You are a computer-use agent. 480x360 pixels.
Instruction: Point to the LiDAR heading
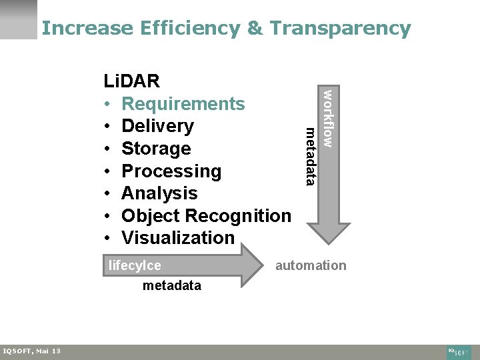(131, 81)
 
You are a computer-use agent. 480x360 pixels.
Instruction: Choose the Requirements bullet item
(183, 104)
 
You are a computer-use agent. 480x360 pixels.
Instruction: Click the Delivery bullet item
(158, 126)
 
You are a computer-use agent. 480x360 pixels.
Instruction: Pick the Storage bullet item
(156, 148)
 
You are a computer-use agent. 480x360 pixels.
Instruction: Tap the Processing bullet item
(171, 171)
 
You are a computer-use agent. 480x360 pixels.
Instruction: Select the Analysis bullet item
(159, 193)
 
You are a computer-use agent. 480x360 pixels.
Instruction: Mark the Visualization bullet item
(178, 238)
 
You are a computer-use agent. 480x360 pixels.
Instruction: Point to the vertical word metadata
(309, 156)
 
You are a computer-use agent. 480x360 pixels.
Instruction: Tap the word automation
(311, 265)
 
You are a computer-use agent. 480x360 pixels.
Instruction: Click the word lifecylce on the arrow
(135, 265)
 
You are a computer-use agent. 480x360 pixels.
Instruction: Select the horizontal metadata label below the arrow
(171, 285)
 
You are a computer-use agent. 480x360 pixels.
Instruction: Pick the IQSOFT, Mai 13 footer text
(31, 351)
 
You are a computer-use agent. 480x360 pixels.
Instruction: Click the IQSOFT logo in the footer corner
(459, 351)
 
